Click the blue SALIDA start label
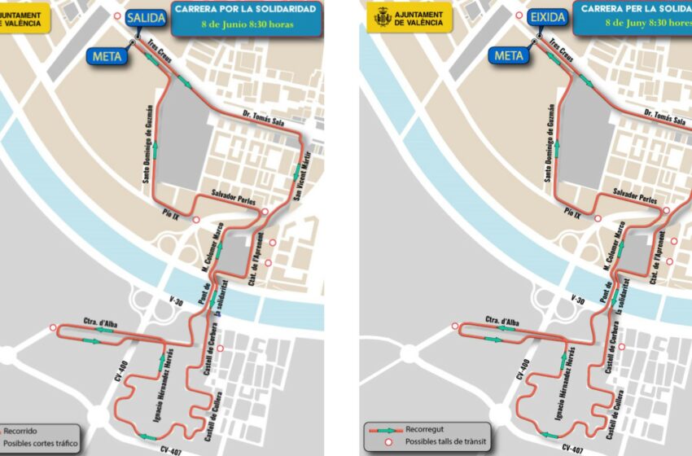146,18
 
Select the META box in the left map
107,55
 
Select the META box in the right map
509,55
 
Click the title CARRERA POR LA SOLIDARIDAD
243,9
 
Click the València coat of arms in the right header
382,16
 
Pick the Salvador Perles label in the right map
633,197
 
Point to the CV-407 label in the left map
172,449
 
